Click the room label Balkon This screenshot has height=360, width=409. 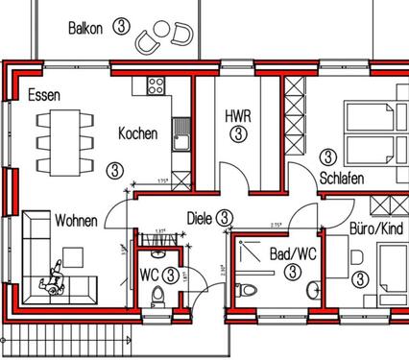(x=85, y=27)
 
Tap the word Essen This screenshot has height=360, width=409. (x=44, y=95)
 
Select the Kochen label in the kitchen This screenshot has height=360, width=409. (x=137, y=134)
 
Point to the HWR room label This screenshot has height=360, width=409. (x=237, y=115)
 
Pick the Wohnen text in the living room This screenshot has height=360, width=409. (x=76, y=221)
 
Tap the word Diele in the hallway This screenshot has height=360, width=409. (x=199, y=218)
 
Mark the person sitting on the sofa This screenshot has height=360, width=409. (x=50, y=281)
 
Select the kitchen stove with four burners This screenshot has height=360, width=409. (x=155, y=85)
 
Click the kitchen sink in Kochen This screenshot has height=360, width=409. (x=179, y=139)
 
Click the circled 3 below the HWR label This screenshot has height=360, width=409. (x=237, y=133)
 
